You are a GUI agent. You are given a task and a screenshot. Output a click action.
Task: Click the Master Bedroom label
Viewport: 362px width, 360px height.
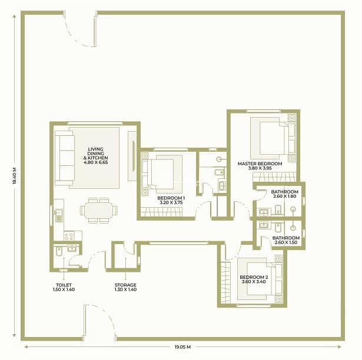(x=260, y=164)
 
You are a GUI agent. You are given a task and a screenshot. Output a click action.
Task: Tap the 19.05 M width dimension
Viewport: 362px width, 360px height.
(x=182, y=346)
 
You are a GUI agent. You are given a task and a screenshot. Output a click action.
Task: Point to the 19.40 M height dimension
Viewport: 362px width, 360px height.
(x=14, y=175)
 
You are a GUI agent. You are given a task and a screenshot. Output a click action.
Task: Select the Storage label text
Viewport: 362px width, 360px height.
(x=125, y=285)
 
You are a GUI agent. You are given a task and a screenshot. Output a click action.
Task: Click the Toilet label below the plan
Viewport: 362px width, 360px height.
(x=64, y=285)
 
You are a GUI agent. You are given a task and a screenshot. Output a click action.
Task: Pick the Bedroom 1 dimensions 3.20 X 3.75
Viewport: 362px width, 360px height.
(x=171, y=202)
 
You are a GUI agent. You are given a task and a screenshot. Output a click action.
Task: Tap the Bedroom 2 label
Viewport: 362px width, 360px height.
(x=254, y=277)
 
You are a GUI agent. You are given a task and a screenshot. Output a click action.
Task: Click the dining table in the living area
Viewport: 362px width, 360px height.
(x=98, y=210)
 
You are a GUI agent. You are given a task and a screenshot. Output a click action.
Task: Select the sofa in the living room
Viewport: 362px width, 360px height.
(x=64, y=158)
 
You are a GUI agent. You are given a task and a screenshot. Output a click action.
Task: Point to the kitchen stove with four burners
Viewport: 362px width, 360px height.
(x=69, y=236)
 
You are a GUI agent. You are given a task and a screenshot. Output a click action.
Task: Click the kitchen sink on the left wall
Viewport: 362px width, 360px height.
(x=59, y=215)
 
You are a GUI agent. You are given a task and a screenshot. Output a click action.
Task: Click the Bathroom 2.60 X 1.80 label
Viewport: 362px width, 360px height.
(x=285, y=194)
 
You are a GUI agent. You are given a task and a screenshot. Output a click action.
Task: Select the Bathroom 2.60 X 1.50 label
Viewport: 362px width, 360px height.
(x=286, y=240)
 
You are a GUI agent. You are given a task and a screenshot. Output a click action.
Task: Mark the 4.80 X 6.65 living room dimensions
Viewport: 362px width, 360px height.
(x=95, y=162)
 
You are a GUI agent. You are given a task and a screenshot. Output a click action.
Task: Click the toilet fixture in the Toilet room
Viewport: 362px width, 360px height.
(x=59, y=251)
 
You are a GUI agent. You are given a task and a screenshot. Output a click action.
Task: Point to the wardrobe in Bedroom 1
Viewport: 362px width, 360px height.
(x=162, y=212)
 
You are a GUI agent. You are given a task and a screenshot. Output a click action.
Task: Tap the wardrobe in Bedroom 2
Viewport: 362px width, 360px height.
(x=225, y=282)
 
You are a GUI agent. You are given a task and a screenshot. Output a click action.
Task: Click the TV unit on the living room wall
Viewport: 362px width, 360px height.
(x=132, y=156)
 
